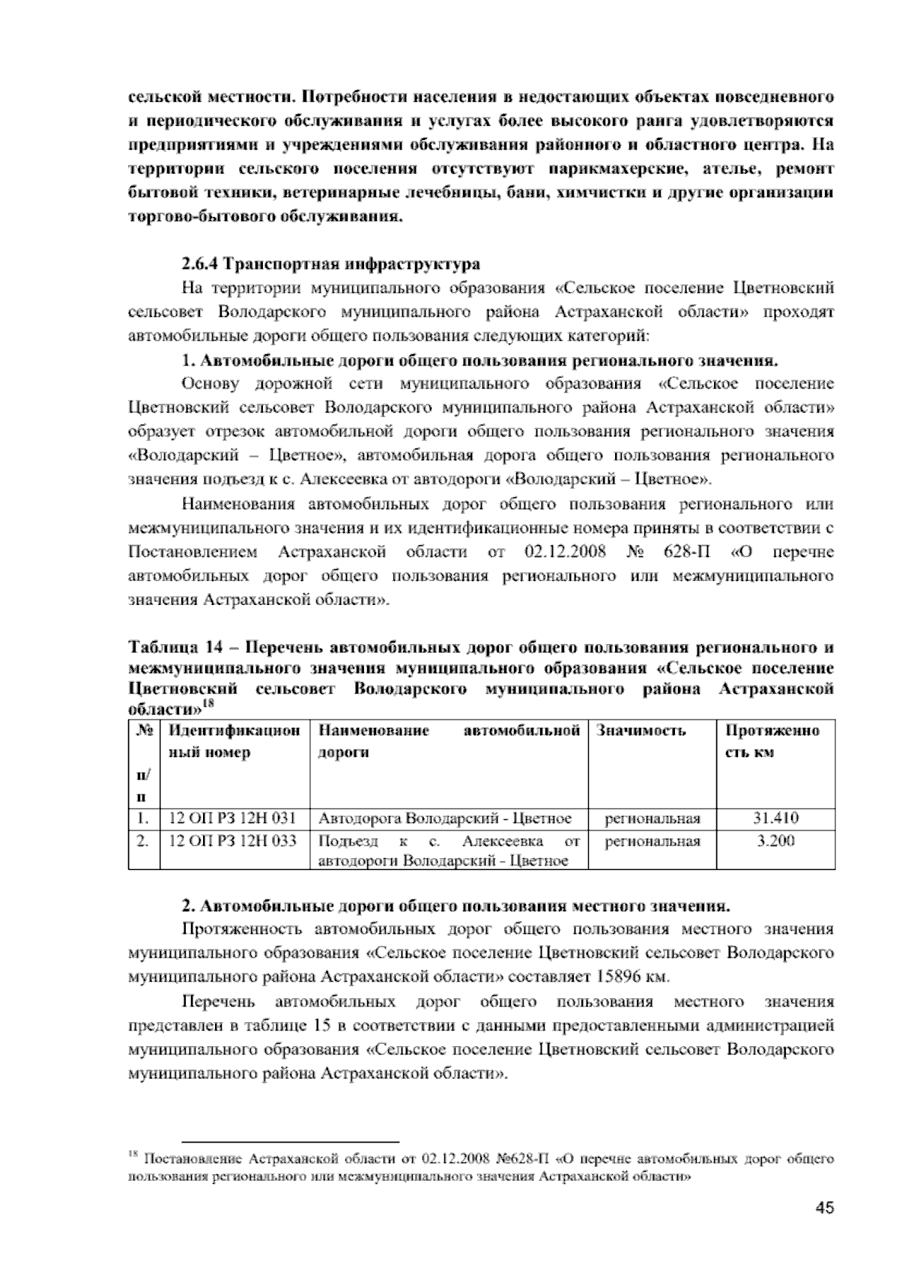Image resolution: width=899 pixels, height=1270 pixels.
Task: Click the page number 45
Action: [x=824, y=1208]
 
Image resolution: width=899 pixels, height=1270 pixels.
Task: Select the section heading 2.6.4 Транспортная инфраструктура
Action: [x=330, y=264]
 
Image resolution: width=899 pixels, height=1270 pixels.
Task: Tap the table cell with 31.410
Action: [x=775, y=818]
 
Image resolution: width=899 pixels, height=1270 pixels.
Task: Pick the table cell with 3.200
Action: [x=775, y=841]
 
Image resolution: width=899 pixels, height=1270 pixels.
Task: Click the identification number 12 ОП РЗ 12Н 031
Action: [x=233, y=818]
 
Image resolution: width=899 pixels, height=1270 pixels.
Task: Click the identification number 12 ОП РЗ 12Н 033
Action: [x=233, y=841]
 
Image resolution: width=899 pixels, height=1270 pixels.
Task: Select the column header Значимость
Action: [x=641, y=731]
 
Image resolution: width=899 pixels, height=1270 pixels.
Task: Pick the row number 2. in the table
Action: [x=142, y=841]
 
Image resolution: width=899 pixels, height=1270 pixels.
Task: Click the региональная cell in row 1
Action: [x=652, y=818]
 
